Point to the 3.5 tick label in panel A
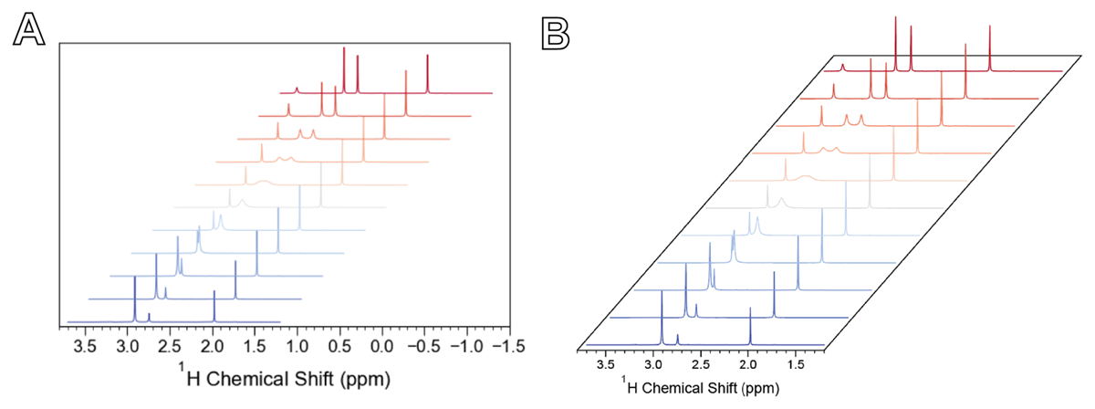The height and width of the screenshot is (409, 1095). pyautogui.click(x=86, y=347)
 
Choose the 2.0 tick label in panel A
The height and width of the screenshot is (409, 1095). pyautogui.click(x=213, y=347)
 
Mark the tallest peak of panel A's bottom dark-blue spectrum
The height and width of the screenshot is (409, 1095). pyautogui.click(x=135, y=276)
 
